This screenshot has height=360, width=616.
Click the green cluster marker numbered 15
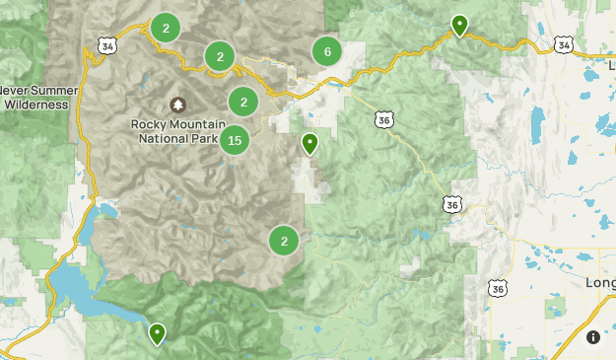point(234,141)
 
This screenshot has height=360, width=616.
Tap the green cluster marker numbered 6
point(327,51)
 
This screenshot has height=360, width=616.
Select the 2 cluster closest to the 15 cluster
point(242,101)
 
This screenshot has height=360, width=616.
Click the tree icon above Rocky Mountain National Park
point(177,105)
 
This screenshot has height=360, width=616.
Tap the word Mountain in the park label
point(198,124)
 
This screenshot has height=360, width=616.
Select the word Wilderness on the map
point(35,104)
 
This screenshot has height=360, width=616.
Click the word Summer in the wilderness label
point(49,90)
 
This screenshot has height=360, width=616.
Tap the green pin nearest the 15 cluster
point(309,144)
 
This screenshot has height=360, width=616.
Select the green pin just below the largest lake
point(157,334)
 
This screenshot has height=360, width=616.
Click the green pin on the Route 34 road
point(459,25)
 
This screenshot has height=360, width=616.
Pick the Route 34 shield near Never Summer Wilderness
point(105,45)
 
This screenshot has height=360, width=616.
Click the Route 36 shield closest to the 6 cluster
point(383,119)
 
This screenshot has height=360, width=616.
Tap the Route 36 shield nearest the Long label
point(497,287)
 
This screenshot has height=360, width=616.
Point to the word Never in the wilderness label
point(13,90)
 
